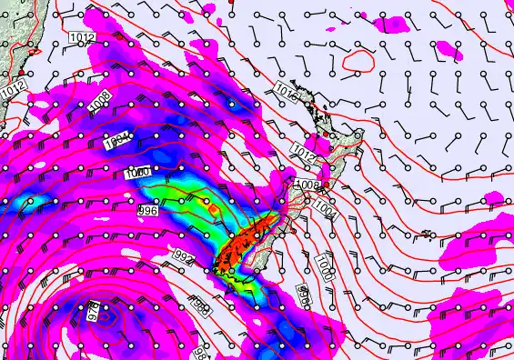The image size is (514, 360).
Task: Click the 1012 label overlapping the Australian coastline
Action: pyautogui.click(x=13, y=90)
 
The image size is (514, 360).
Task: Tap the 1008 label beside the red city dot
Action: pyautogui.click(x=307, y=185)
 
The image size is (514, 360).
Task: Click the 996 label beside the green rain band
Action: pyautogui.click(x=147, y=210)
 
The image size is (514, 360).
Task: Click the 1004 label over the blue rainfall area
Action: pyautogui.click(x=116, y=145)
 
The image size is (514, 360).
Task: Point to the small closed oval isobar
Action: pyautogui.click(x=359, y=61)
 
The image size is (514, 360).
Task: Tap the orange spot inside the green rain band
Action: pyautogui.click(x=212, y=209)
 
